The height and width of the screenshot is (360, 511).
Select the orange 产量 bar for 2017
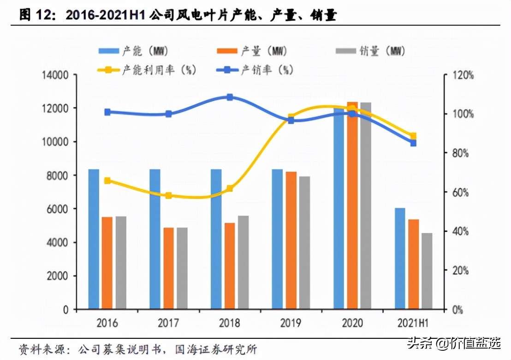pyautogui.click(x=169, y=268)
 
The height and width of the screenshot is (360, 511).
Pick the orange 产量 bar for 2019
pyautogui.click(x=291, y=240)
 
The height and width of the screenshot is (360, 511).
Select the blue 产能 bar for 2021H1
pyautogui.click(x=400, y=258)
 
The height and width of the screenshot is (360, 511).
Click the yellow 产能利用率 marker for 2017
pyautogui.click(x=168, y=196)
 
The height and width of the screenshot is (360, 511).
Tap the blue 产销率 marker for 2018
pyautogui.click(x=230, y=97)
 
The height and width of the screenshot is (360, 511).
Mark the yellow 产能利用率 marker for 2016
pyautogui.click(x=107, y=181)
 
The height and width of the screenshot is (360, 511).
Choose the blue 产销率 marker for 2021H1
pyautogui.click(x=413, y=143)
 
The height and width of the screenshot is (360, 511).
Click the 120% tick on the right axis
pyautogui.click(x=462, y=75)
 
